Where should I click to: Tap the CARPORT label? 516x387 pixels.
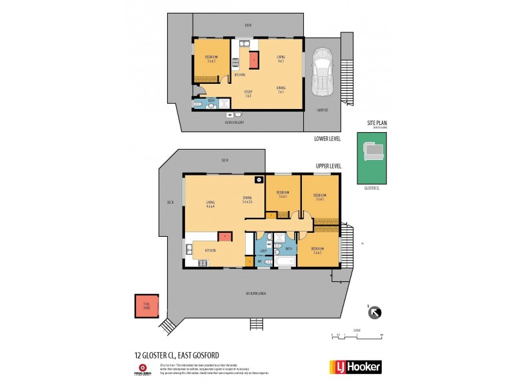(x=322, y=110)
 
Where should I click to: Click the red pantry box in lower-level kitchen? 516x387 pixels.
(x=253, y=59)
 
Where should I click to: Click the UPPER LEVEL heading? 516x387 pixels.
(x=328, y=166)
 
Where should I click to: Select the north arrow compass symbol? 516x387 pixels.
(x=373, y=313)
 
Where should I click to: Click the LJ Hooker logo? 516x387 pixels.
(x=355, y=367)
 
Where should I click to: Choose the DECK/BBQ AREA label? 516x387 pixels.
(x=255, y=293)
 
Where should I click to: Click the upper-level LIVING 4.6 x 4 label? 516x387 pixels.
(x=209, y=203)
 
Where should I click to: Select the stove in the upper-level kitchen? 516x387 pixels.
(x=202, y=262)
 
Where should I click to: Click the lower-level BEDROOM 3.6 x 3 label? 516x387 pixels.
(x=212, y=59)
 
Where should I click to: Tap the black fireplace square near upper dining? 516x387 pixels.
(x=258, y=181)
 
